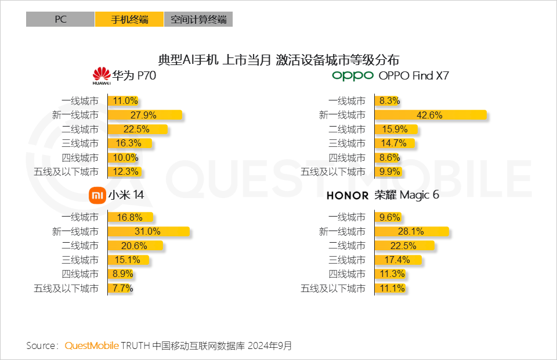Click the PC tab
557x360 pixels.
tap(60, 19)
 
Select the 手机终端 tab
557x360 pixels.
tap(129, 19)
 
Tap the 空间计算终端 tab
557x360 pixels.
tap(198, 19)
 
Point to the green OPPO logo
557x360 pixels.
tap(353, 76)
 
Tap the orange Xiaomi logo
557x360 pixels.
tap(97, 195)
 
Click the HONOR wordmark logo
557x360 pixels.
tap(348, 196)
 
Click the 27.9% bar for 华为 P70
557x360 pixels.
tap(145, 115)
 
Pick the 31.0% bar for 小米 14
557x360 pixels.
tap(149, 232)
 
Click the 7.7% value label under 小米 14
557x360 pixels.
tap(122, 288)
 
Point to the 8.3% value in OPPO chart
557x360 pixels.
tap(389, 101)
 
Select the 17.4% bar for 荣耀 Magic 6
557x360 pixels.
tap(397, 260)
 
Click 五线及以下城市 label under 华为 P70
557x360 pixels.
tap(66, 172)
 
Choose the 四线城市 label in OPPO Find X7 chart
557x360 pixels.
tap(347, 157)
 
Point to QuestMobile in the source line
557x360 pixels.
tap(92, 346)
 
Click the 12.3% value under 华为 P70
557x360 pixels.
tap(126, 172)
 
